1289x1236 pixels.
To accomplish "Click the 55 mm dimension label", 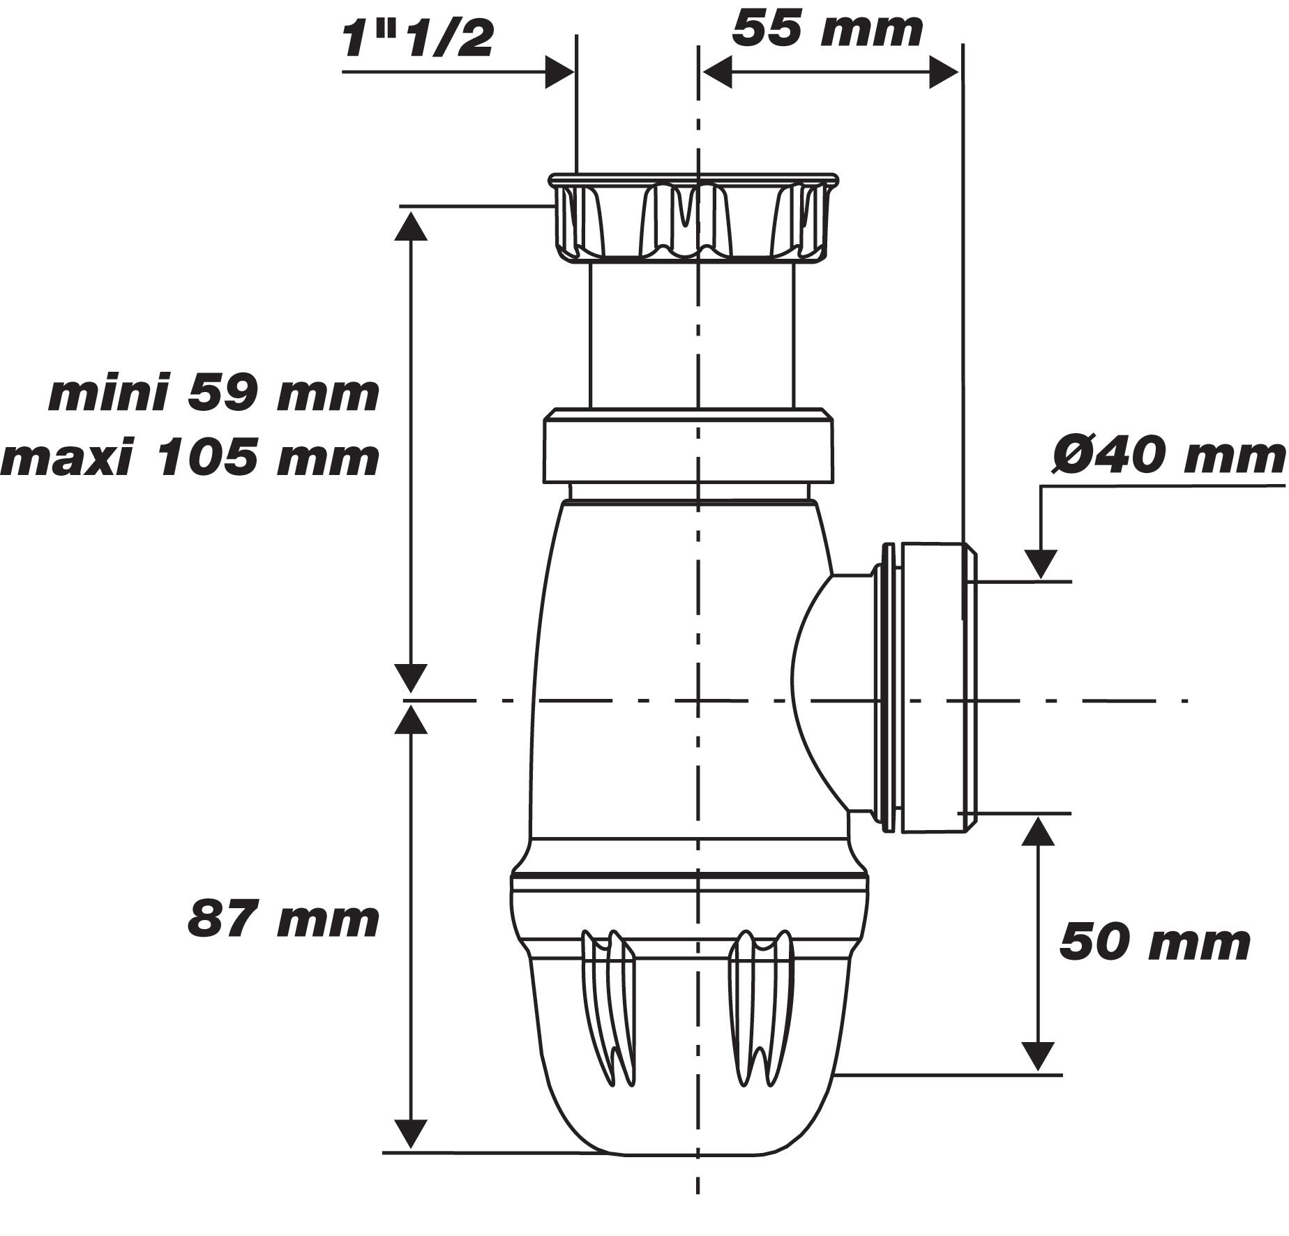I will point(827,31).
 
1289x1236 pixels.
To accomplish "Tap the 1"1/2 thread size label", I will point(417,40).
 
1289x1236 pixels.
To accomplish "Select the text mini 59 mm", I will point(213,394).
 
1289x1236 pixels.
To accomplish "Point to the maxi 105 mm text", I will point(190,459).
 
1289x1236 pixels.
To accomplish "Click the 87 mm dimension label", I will point(283,919).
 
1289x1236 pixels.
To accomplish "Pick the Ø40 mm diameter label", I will point(1168,457).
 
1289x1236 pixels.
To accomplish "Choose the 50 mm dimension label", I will point(1154,943).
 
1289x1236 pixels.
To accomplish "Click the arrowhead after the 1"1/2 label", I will point(559,73).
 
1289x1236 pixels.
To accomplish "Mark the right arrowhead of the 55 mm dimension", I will point(943,73).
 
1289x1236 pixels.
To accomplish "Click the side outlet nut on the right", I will point(931,687).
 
